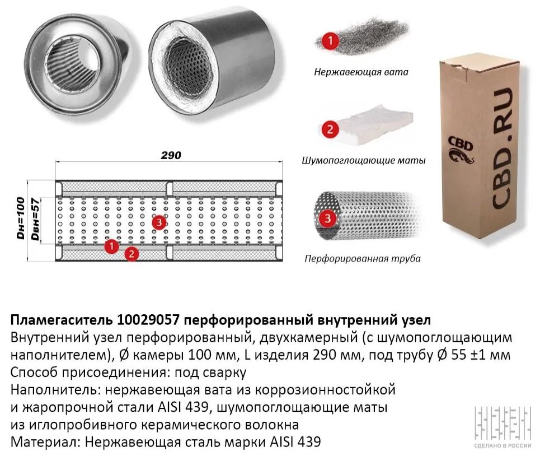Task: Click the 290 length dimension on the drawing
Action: (x=171, y=155)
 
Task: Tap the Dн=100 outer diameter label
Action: (x=21, y=218)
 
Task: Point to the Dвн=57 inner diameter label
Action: (x=35, y=220)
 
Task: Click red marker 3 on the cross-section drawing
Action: (x=159, y=222)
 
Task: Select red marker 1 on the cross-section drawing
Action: (x=111, y=246)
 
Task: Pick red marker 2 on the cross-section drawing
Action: (x=132, y=254)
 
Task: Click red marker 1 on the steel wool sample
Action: (x=330, y=41)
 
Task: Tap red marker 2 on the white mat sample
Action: (x=330, y=129)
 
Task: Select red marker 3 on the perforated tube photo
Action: (x=327, y=218)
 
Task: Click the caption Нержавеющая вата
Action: (x=361, y=72)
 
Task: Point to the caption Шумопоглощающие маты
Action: (x=364, y=161)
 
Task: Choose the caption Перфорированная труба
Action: (x=363, y=258)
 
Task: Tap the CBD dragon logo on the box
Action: (x=461, y=150)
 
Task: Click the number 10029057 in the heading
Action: (x=148, y=320)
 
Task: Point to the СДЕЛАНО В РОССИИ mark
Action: (x=503, y=446)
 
